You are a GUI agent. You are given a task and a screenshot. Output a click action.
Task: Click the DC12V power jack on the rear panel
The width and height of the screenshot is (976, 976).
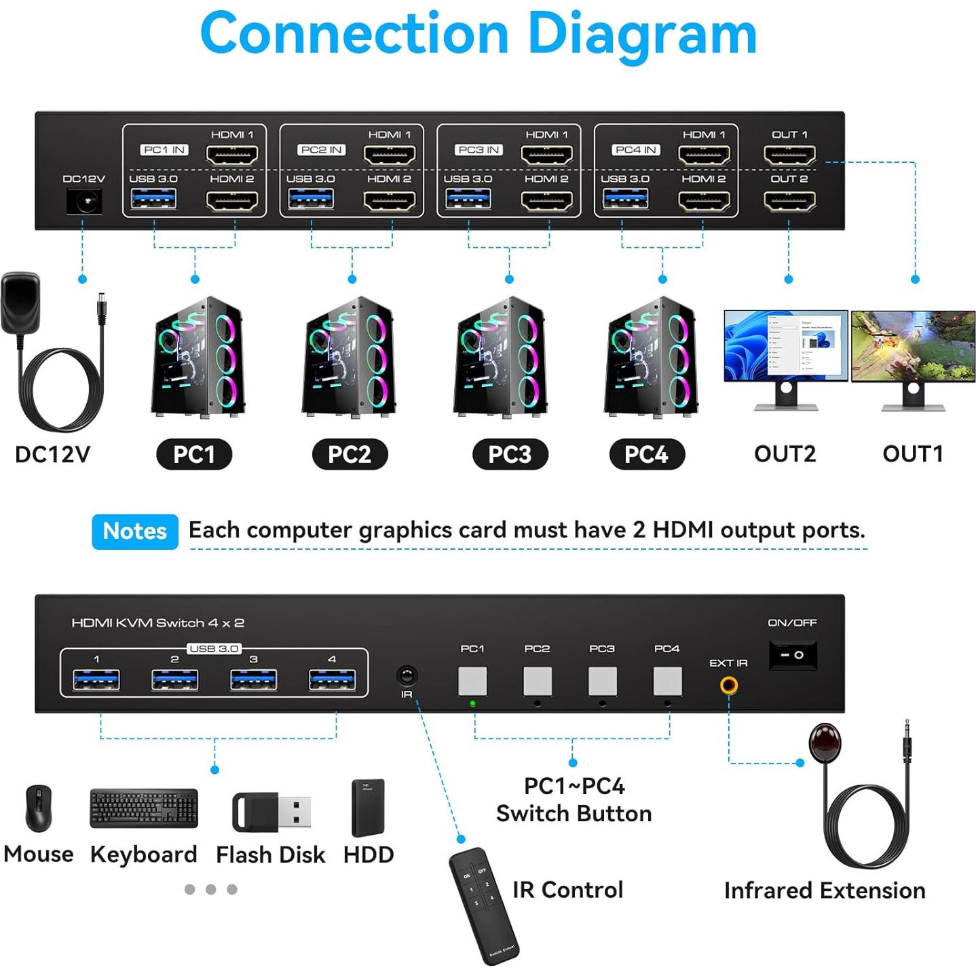pos(84,202)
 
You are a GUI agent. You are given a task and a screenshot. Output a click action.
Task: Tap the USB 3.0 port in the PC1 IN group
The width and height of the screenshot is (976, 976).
pos(153,199)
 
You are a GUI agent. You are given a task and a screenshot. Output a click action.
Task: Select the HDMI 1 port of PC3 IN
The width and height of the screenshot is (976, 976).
pos(546,155)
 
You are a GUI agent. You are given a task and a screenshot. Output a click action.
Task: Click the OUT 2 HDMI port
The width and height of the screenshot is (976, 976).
pos(789,201)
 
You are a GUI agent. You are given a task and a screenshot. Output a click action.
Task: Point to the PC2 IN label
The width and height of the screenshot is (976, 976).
pos(322,150)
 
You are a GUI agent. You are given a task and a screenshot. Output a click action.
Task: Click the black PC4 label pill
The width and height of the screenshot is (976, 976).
pos(646,454)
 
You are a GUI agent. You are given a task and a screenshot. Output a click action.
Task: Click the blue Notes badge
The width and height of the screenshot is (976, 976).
pos(135,531)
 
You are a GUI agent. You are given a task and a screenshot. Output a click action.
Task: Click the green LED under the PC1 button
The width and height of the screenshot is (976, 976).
pos(472,704)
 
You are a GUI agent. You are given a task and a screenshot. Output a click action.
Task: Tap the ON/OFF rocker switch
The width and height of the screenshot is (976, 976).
pos(791,655)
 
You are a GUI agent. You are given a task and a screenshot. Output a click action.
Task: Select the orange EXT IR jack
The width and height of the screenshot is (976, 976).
pos(729,685)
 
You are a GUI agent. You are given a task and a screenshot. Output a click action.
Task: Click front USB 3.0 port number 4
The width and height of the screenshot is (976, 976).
pos(332,679)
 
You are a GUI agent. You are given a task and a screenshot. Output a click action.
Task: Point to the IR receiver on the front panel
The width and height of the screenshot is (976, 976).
pos(407,675)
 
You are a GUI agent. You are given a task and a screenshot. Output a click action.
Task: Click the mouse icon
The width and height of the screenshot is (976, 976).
pos(39,808)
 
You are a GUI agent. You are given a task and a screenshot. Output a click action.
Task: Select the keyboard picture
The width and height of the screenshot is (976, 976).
pos(144,808)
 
